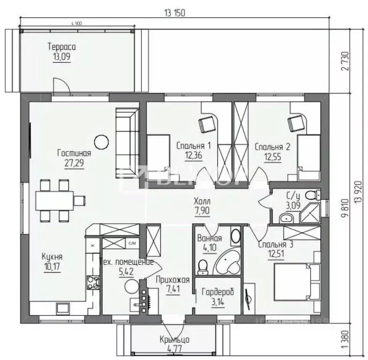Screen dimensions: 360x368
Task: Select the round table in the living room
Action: [x=100, y=140]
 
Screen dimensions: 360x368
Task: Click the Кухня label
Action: [x=52, y=257]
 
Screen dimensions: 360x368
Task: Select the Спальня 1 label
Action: [x=193, y=146]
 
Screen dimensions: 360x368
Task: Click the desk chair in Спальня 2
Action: [x=295, y=123]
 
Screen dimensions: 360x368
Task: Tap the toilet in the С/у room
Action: [x=310, y=195]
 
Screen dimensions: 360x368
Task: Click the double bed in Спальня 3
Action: [x=291, y=281]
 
